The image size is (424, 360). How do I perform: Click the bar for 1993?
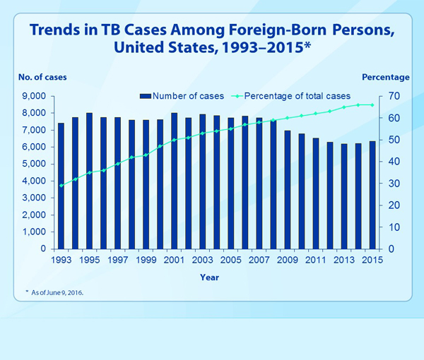61,186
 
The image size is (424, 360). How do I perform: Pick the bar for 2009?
288,190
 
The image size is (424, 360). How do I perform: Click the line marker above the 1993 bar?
61,186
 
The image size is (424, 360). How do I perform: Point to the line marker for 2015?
372,104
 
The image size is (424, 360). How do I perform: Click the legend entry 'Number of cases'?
182,95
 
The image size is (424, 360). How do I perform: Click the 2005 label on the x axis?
231,260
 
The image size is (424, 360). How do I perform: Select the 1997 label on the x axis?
118,260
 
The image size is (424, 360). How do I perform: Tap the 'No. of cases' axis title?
37,77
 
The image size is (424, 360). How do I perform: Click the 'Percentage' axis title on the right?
385,77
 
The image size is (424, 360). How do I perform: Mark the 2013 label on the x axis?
344,260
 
